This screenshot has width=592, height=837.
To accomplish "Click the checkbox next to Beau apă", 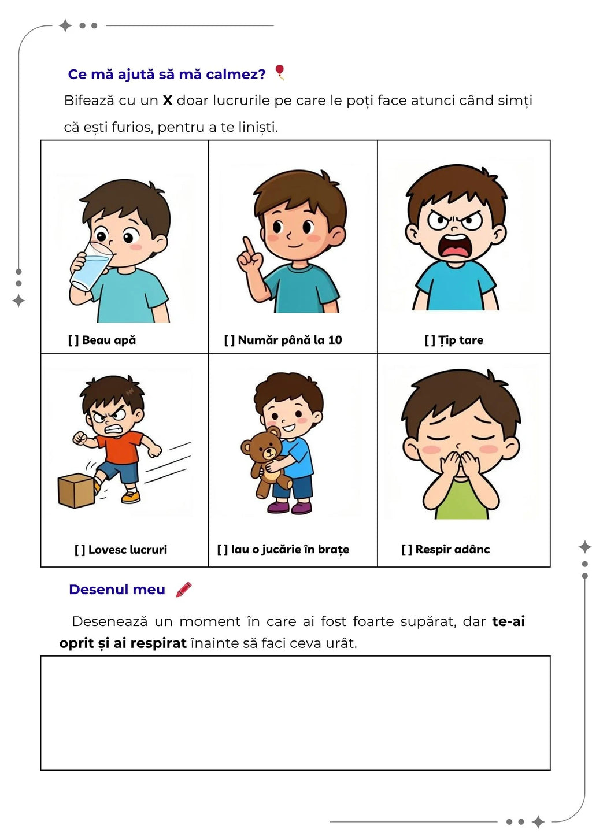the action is coord(73,340).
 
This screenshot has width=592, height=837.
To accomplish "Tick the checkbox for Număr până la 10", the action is coord(230,340).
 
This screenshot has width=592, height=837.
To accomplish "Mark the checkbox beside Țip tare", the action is coord(430,340).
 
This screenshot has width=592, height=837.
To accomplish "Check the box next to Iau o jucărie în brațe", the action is coord(223,550).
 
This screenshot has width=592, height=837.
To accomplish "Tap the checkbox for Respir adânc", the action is coord(407,550).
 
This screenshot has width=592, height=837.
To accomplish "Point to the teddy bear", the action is coord(265,461).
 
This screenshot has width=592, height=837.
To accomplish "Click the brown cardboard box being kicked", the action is coord(76,491).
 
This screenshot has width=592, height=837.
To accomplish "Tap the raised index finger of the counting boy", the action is coord(247,246).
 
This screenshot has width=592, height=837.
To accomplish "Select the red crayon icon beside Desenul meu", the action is coord(184,589).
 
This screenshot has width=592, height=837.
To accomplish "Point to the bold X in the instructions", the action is coord(168,101).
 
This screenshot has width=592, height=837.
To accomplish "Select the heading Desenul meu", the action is coord(117,589).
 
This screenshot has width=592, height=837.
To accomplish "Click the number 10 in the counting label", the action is coord(335,340).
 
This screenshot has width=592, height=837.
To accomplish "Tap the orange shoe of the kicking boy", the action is coord(131,497).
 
